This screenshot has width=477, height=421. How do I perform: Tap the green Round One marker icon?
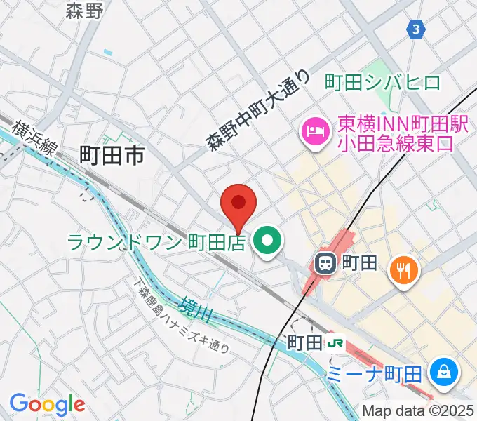tap(267, 243)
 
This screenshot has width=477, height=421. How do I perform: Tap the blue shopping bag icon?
tap(444, 371)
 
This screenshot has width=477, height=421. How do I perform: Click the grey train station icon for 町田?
tap(325, 264)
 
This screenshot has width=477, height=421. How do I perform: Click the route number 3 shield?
tap(417, 29)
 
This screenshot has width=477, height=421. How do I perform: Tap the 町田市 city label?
tap(112, 156)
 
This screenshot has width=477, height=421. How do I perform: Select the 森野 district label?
tap(86, 11)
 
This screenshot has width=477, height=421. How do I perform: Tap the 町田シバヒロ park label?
tap(383, 83)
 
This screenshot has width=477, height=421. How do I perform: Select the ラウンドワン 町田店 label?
tap(156, 243)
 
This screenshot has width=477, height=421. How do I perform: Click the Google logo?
tap(47, 404)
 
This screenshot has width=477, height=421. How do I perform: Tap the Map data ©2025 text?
tap(418, 410)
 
